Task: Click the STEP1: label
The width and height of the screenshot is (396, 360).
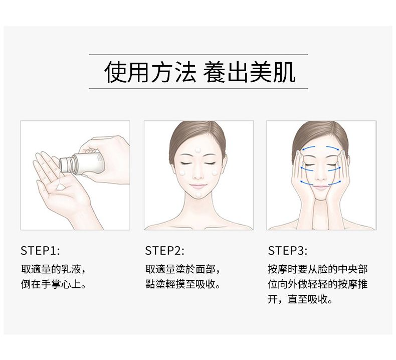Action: [x=40, y=251]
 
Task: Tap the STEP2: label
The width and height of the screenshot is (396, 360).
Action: [x=164, y=251]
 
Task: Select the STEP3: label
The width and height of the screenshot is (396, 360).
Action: [x=288, y=251]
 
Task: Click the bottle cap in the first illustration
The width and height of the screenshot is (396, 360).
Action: [x=65, y=165]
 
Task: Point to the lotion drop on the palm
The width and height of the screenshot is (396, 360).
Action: [x=61, y=187]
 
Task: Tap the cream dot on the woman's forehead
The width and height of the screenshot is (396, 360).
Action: [x=197, y=150]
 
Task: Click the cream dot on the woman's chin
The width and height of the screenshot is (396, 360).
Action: [x=199, y=195]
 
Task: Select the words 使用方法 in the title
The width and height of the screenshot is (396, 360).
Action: [x=150, y=72]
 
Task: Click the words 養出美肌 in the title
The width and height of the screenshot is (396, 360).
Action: [x=249, y=72]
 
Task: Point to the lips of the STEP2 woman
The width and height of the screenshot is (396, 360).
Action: [x=198, y=186]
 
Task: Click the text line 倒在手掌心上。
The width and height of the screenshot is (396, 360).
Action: [x=54, y=284]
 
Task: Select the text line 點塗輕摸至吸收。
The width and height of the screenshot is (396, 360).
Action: [x=183, y=284]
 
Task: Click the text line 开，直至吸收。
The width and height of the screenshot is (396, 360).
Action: [x=300, y=300]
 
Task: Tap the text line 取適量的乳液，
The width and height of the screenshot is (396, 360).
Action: [x=54, y=269]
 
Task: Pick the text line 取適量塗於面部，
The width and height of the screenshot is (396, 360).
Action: [x=183, y=269]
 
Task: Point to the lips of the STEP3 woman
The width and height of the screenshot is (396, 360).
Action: [x=321, y=187]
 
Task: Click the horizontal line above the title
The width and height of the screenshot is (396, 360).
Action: [x=199, y=55]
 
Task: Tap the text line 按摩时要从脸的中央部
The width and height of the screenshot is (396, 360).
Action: [x=318, y=269]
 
